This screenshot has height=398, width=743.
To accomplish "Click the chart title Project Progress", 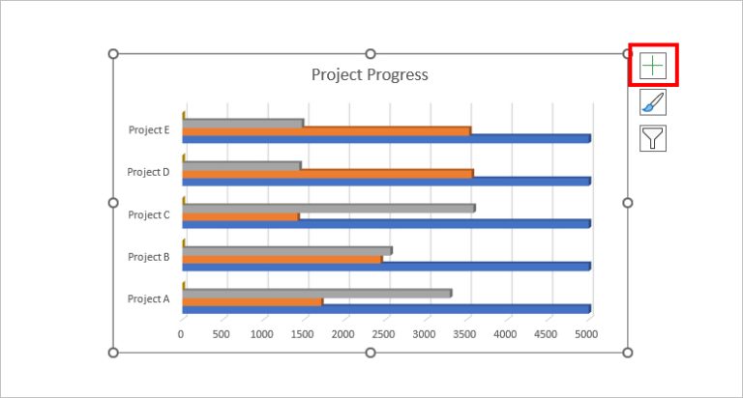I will [370, 74].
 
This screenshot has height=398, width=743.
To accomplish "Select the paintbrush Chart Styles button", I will [653, 102].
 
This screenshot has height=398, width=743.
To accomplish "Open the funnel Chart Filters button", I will [653, 137].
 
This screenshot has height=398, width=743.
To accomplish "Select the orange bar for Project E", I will [326, 130].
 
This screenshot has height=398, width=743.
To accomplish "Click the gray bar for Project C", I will [328, 208].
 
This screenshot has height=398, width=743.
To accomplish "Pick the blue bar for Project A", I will [386, 309].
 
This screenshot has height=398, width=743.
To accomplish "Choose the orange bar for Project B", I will [282, 259].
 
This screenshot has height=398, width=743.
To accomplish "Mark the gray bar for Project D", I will [241, 165].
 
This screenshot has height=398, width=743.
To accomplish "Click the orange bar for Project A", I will [252, 301].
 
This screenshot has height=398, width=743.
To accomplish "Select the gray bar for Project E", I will [242, 123].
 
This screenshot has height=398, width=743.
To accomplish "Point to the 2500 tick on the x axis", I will [384, 334].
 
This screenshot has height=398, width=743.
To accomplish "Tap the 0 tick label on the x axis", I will [181, 334].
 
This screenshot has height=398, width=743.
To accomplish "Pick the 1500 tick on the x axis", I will [303, 334].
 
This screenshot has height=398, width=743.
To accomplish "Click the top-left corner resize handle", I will [113, 54].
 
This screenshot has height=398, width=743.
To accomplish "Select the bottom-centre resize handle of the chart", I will [370, 353].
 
